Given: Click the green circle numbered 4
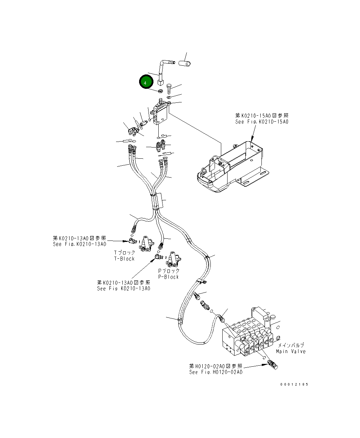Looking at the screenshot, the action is coord(146,81).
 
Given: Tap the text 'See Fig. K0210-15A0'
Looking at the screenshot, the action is coord(261,122).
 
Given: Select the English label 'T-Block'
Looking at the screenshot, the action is coord(124,259).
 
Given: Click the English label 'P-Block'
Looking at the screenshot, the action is coord(168,277).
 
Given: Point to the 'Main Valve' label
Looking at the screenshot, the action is coord(291,351).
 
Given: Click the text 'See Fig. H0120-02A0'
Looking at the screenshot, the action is coord(216,372).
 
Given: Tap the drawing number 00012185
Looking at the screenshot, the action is coord(294,384).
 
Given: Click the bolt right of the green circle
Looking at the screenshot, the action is coord(169,89).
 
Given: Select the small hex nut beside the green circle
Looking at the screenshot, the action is coord(160,91).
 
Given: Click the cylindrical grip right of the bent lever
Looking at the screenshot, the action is coord(185,63).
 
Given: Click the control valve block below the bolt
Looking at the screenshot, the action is coord(160,113).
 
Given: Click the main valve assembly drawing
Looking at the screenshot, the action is coord(251,332).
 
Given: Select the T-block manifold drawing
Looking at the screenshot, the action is coord(146,244).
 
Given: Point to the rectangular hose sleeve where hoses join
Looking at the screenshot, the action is coord(160,201).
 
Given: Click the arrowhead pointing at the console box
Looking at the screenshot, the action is coord(252,139).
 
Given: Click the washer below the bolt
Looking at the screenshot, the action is coord(169,97).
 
